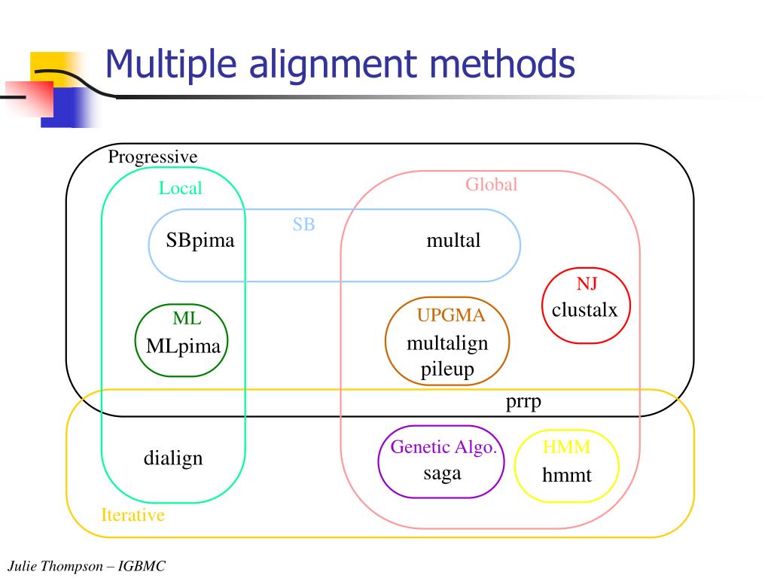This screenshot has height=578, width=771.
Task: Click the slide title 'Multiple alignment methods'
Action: pos(340,64)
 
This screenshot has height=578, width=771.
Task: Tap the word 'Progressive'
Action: pos(152,157)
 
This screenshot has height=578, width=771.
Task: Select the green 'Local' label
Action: pos(180,188)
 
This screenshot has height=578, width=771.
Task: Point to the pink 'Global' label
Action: pos(491,184)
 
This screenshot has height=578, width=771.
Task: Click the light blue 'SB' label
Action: pos(303,224)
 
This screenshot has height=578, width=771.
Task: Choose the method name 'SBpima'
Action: pos(200,241)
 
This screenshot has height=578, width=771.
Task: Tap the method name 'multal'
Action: pos(453,241)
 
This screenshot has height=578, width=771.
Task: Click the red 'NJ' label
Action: pos(587,284)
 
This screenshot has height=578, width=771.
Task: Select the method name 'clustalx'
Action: pos(584,309)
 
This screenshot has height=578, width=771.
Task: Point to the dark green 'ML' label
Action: pos(187,318)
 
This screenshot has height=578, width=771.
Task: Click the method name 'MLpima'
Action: pos(183,346)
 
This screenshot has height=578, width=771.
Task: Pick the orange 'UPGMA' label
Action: pos(451,316)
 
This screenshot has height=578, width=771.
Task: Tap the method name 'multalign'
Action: pos(447,343)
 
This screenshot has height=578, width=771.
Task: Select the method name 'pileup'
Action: pos(447,369)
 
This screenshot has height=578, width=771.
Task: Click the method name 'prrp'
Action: pos(523,402)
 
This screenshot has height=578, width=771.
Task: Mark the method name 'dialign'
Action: pos(173,458)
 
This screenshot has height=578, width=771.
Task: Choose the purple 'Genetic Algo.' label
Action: pos(444,447)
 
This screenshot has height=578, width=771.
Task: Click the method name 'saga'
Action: pos(442,473)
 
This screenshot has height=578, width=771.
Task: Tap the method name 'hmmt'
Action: pos(567,475)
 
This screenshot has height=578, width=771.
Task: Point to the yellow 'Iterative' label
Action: pos(133,516)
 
